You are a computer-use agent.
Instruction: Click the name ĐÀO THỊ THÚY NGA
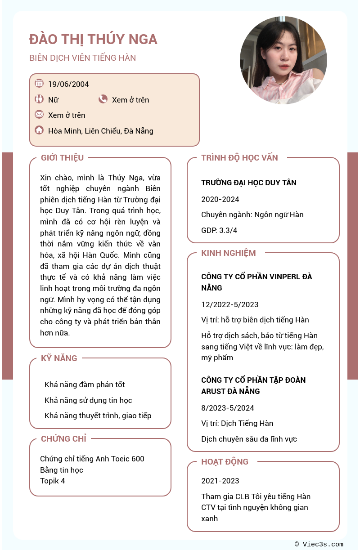(93, 39)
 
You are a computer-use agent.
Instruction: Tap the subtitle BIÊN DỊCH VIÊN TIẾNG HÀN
(82, 58)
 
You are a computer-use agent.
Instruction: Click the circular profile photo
(283, 60)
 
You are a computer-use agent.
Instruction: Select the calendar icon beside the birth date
(39, 83)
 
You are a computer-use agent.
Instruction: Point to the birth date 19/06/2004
(68, 84)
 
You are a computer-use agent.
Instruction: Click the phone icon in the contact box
(103, 99)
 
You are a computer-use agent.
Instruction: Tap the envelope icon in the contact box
(39, 114)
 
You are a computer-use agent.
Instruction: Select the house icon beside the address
(39, 130)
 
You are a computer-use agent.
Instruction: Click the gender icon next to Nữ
(39, 99)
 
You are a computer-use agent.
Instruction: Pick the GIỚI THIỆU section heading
(62, 158)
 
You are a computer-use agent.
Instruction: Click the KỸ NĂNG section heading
(59, 358)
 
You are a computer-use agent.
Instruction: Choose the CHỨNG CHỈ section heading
(63, 439)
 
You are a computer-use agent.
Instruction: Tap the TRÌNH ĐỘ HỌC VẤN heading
(239, 158)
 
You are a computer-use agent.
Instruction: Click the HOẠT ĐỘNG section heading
(225, 462)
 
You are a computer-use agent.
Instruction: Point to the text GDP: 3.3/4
(219, 230)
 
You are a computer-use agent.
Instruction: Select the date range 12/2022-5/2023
(229, 304)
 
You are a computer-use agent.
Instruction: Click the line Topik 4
(52, 481)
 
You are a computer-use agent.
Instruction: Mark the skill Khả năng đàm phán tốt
(85, 385)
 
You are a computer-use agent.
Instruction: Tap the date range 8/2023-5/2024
(227, 408)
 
